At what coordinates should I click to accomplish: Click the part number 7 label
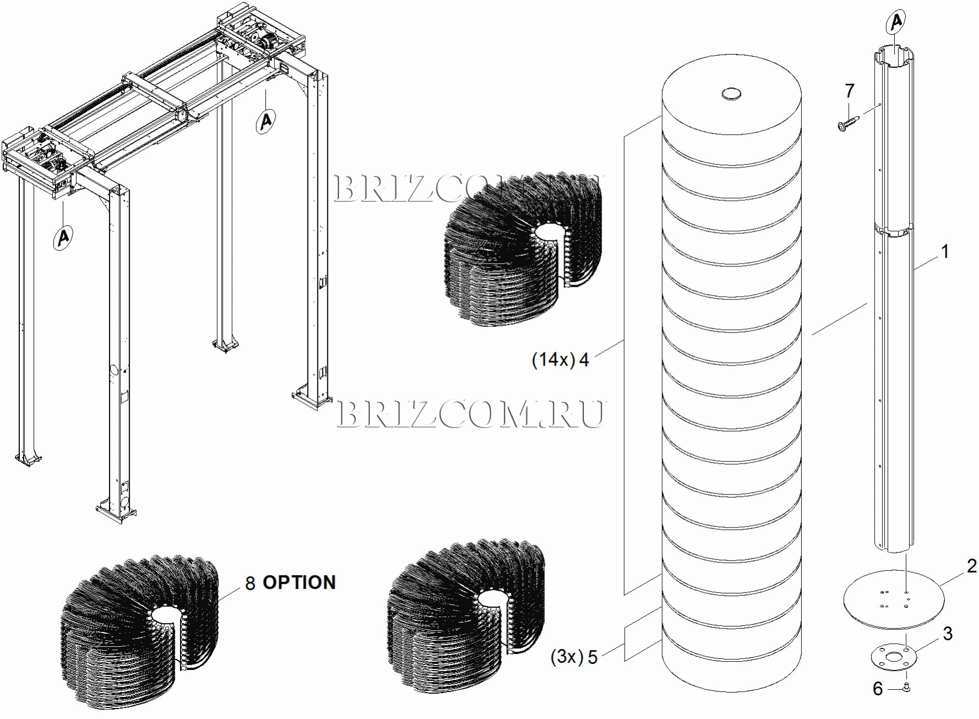click(850, 91)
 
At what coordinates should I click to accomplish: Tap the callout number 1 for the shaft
click(945, 252)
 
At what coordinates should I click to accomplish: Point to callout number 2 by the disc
click(972, 566)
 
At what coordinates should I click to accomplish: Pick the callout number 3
click(948, 634)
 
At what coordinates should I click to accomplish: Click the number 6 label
click(878, 689)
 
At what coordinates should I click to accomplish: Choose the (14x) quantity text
click(553, 359)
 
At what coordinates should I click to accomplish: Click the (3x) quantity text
click(566, 657)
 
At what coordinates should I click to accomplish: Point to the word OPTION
click(299, 582)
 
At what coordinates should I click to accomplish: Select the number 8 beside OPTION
click(250, 584)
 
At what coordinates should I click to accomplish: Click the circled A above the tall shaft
click(896, 22)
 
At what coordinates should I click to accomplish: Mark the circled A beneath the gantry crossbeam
click(266, 119)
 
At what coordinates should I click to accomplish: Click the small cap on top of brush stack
click(731, 94)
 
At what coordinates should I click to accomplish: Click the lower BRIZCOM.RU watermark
click(470, 414)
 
